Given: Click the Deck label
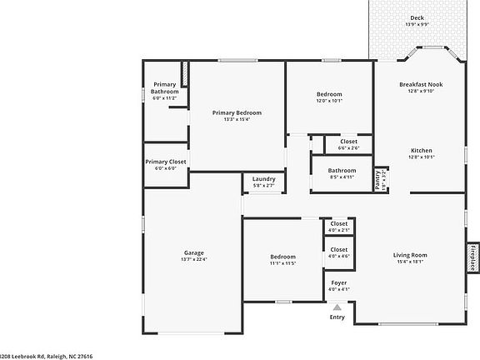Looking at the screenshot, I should [x=416, y=17].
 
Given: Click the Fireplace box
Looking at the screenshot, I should [x=472, y=257].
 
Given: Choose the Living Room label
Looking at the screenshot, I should [x=410, y=255].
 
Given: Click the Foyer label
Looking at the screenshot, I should [x=339, y=282].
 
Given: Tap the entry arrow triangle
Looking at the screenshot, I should [x=337, y=307].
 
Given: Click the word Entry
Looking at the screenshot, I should [x=337, y=317].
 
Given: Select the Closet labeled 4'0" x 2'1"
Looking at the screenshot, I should [x=339, y=223].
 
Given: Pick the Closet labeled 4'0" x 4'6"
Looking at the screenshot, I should [x=339, y=249].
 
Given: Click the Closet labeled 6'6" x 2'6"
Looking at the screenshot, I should [x=348, y=142].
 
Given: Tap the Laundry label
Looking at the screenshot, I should [x=263, y=178].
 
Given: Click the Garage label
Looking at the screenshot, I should [x=194, y=252].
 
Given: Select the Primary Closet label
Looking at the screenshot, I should [x=166, y=162].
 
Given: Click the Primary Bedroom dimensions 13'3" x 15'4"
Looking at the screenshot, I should [x=237, y=119].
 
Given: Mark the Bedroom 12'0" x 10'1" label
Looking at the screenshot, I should [x=329, y=94].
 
